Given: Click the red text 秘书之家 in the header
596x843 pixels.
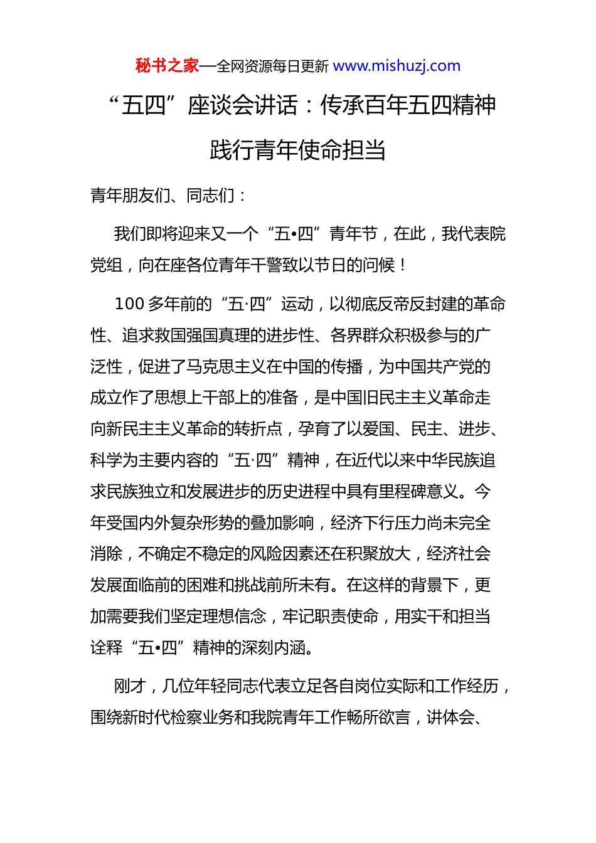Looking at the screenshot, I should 167,66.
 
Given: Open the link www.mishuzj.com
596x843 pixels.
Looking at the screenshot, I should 396,66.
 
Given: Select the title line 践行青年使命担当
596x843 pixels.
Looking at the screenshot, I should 297,151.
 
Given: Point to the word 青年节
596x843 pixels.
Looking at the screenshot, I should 353,234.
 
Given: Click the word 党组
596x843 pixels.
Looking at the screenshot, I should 106,265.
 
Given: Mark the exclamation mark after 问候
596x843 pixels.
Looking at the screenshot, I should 402,265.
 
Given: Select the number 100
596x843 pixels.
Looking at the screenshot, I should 129,304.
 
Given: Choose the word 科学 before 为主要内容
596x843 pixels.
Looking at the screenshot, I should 106,460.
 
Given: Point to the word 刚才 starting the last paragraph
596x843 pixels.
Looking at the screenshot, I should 130,686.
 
